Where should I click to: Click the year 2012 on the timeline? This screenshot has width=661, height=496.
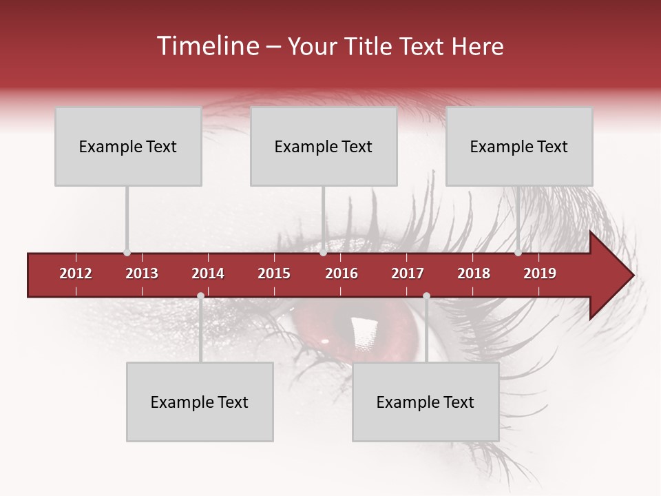pyautogui.click(x=76, y=273)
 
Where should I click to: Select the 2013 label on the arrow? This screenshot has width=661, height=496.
pyautogui.click(x=142, y=273)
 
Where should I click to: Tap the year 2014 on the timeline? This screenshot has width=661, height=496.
pyautogui.click(x=208, y=273)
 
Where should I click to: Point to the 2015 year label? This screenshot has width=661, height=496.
pyautogui.click(x=274, y=273)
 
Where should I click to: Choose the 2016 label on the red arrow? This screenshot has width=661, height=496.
pyautogui.click(x=342, y=273)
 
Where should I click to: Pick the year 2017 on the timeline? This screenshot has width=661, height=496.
pyautogui.click(x=408, y=273)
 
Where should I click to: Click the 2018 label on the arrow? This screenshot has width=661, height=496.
pyautogui.click(x=474, y=273)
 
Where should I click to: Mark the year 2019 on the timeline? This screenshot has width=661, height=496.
pyautogui.click(x=540, y=273)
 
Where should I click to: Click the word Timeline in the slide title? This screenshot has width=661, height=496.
pyautogui.click(x=207, y=46)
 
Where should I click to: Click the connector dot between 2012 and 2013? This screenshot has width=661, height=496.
pyautogui.click(x=127, y=253)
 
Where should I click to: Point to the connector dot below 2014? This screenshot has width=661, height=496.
pyautogui.click(x=200, y=296)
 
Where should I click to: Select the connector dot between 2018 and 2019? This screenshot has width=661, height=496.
pyautogui.click(x=518, y=253)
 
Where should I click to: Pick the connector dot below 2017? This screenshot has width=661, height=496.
pyautogui.click(x=426, y=296)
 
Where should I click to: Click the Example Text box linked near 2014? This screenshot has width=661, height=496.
pyautogui.click(x=200, y=402)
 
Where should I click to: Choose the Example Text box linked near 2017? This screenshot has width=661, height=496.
pyautogui.click(x=426, y=402)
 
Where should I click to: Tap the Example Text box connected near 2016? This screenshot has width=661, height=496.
pyautogui.click(x=324, y=146)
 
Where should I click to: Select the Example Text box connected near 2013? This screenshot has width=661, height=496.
pyautogui.click(x=128, y=146)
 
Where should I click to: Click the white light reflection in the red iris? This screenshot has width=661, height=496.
pyautogui.click(x=362, y=331)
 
